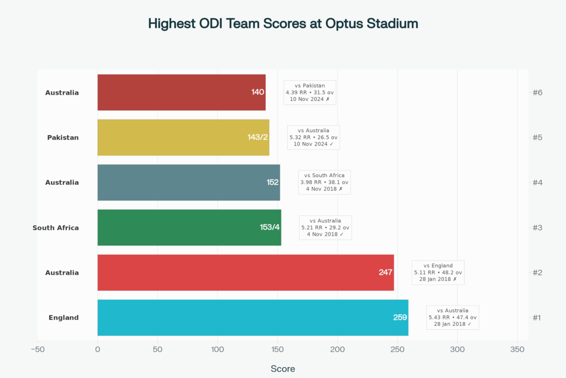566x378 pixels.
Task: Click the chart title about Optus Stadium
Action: pos(283,24)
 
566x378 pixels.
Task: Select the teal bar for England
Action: pos(253,318)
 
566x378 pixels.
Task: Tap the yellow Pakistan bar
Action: pos(183,137)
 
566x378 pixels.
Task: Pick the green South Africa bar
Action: pos(189,227)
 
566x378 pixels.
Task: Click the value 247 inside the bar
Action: pos(385,272)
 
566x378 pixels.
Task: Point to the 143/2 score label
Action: pos(258,137)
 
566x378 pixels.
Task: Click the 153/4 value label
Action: pos(270,227)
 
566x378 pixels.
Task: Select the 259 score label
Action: pos(400,318)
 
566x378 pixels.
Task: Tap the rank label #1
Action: pos(537,318)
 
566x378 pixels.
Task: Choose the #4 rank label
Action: pos(537,182)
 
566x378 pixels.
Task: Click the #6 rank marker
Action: pos(537,92)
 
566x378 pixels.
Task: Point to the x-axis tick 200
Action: pos(337,349)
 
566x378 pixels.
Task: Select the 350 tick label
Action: pos(517,349)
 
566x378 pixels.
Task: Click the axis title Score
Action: pos(282,369)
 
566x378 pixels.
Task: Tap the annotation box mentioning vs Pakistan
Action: pos(310,92)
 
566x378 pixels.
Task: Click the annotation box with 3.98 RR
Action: pos(324,182)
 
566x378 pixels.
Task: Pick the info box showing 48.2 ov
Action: pos(438,272)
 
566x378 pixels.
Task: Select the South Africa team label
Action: pos(55,227)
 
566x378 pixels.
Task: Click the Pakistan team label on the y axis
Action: pos(62,137)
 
